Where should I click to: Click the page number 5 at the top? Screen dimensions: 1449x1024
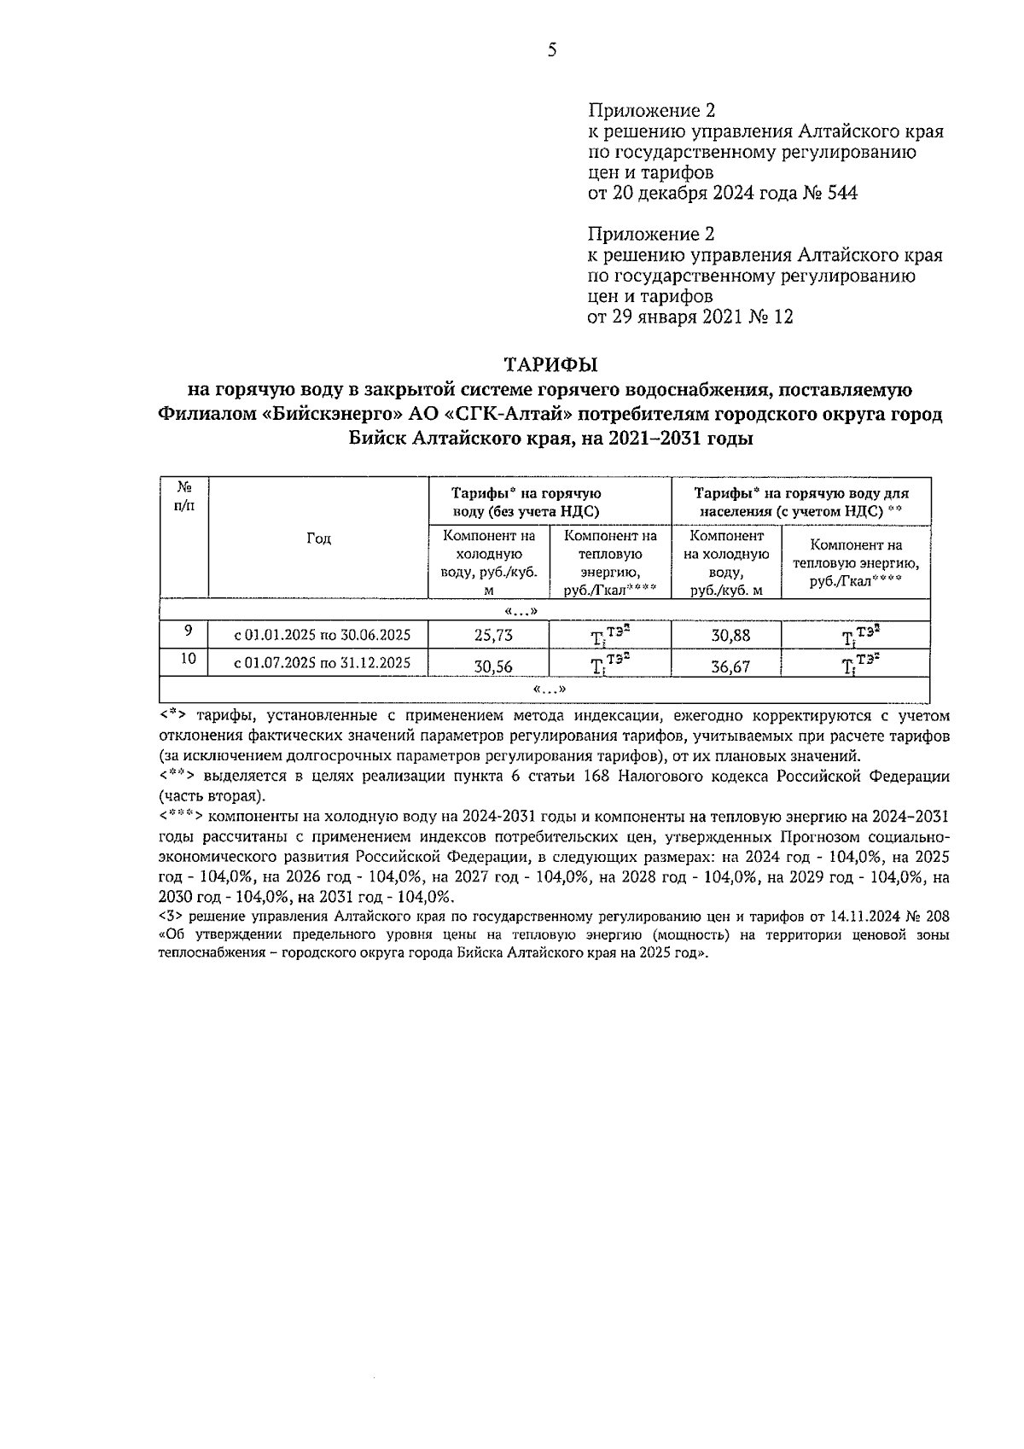(x=552, y=50)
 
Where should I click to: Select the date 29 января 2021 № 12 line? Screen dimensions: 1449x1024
(x=690, y=317)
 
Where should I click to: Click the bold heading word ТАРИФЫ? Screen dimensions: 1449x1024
(x=551, y=365)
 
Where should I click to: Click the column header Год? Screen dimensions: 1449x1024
(x=318, y=538)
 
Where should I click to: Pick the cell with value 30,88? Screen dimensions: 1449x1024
(x=730, y=636)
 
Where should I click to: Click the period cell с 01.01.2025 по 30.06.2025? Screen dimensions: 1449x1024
(x=323, y=635)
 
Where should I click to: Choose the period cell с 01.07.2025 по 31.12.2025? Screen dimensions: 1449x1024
(x=323, y=663)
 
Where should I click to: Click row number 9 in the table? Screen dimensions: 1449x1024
(x=187, y=631)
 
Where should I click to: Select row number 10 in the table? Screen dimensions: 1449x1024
(x=189, y=659)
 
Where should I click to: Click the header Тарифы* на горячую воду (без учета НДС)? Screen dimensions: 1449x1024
(x=526, y=502)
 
